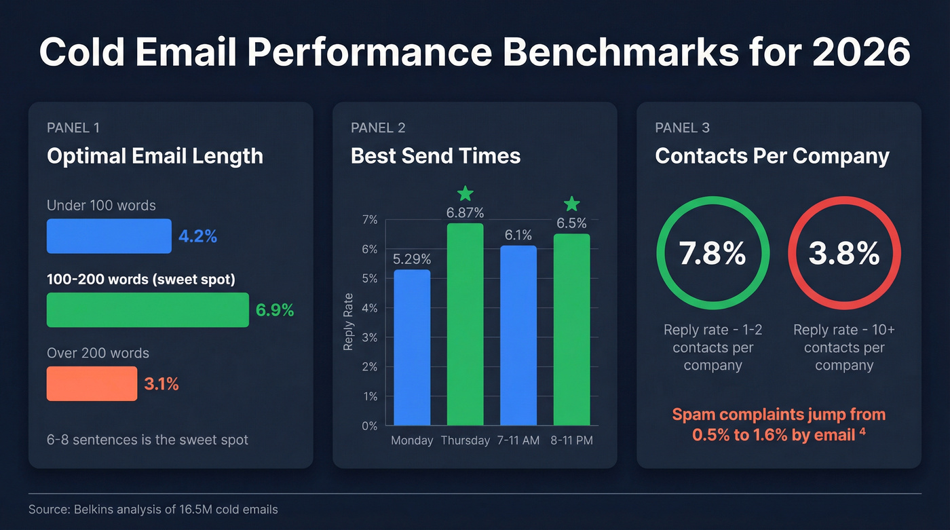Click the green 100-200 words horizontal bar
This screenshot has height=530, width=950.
click(147, 310)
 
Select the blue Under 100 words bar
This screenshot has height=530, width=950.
click(109, 236)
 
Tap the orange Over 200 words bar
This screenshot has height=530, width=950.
click(92, 384)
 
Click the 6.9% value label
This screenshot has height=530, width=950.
click(275, 311)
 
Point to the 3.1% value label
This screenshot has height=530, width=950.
click(161, 385)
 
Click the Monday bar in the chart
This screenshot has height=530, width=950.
click(412, 347)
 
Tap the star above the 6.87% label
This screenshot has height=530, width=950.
click(465, 194)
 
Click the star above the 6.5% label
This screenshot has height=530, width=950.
click(572, 203)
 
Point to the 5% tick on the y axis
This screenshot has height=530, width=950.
click(369, 279)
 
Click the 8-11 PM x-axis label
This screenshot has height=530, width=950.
click(571, 440)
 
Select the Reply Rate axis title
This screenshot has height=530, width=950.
click(349, 322)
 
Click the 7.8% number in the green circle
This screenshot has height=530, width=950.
click(712, 253)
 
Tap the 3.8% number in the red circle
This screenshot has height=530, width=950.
click(844, 253)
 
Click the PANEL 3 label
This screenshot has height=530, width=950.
click(682, 128)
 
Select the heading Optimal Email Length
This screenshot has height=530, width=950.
click(155, 156)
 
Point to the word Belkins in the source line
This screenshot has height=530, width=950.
click(94, 509)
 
